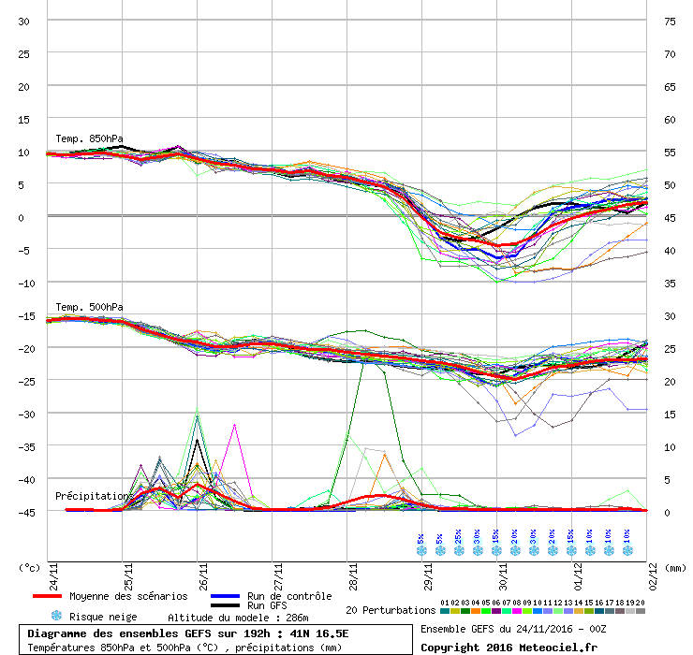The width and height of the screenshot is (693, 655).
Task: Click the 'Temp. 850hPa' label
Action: [x=89, y=139]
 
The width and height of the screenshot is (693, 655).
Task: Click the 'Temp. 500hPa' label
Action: [x=89, y=307]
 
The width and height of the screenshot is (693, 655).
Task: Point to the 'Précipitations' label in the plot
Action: [x=95, y=495]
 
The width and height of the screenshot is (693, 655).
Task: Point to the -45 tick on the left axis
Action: [x=23, y=512]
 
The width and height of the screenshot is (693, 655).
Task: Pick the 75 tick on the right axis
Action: [x=670, y=21]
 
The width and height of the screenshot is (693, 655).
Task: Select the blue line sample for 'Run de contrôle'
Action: [x=225, y=596]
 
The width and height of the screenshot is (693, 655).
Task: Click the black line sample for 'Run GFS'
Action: [x=225, y=606]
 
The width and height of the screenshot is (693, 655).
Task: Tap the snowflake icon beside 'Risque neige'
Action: [x=56, y=616]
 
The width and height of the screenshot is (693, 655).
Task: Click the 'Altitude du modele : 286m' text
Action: [x=238, y=618]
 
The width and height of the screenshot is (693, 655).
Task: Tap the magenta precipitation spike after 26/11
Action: [x=234, y=426]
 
